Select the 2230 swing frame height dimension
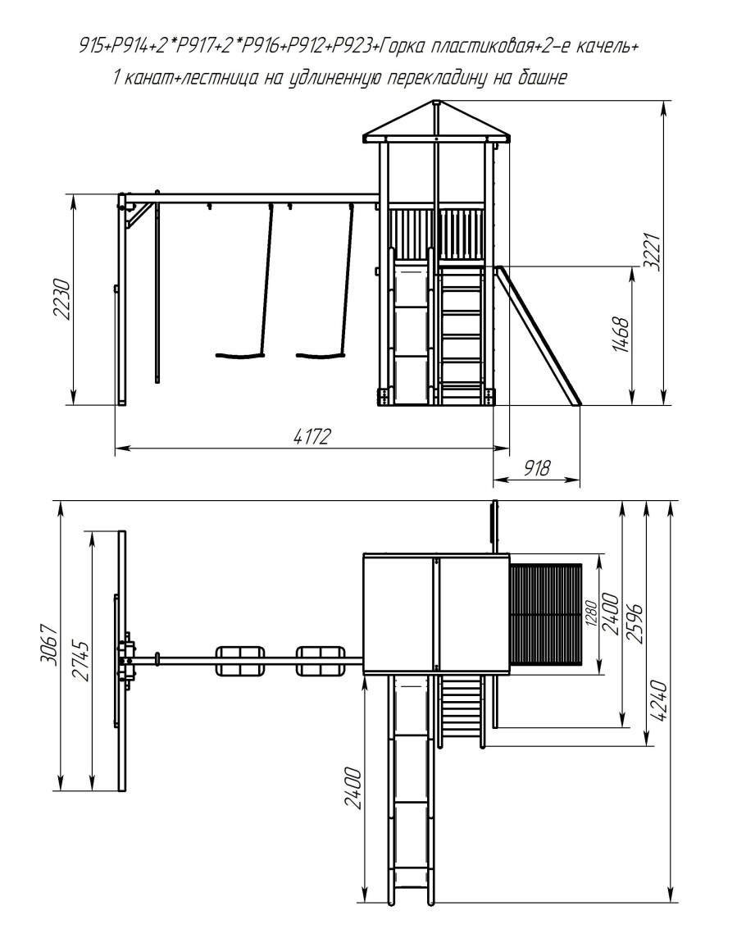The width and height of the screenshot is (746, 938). pyautogui.click(x=63, y=299)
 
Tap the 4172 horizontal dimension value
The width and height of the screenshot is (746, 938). pyautogui.click(x=312, y=437)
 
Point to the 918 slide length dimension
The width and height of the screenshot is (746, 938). pyautogui.click(x=537, y=468)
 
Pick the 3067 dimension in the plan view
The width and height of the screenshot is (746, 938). pyautogui.click(x=49, y=644)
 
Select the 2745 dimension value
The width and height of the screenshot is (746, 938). pyautogui.click(x=81, y=661)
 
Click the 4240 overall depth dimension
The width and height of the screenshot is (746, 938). pyautogui.click(x=659, y=700)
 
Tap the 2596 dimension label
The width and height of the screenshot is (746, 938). pyautogui.click(x=635, y=623)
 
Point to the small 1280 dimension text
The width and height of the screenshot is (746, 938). pyautogui.click(x=592, y=612)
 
